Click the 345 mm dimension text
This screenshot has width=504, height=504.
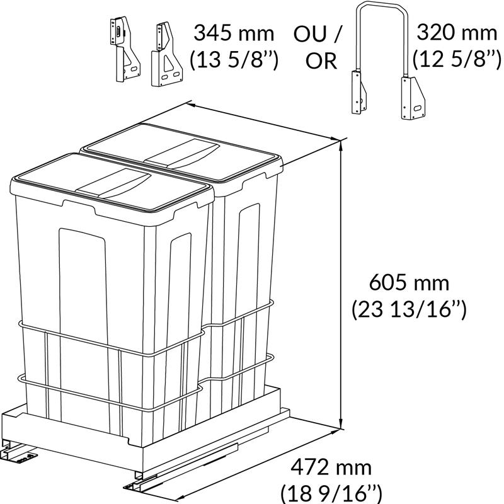pos(234,33)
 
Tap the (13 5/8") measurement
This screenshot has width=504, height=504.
pos(234,60)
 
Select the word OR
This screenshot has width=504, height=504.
pos(321,60)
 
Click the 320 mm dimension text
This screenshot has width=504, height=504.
pos(457,33)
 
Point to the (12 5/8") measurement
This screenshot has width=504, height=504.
pos(457,59)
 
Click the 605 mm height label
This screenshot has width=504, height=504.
pos(409,283)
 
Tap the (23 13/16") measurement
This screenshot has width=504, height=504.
pos(409,310)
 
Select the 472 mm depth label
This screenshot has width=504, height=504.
pos(331,467)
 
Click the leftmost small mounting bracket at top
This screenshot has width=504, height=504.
pos(124,49)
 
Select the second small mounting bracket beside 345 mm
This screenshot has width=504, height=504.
pos(166,55)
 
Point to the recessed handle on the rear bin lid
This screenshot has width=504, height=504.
pos(182,154)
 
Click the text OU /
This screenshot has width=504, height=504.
pos(318,34)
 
